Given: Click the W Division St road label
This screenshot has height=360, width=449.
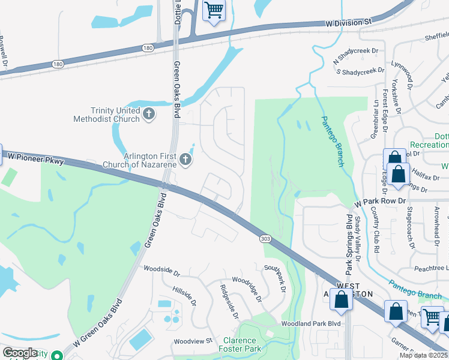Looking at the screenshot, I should [x=350, y=23].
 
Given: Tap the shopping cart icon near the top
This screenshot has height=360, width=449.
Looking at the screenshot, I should [x=214, y=10].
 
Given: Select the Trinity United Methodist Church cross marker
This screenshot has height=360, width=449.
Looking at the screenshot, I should [x=149, y=113].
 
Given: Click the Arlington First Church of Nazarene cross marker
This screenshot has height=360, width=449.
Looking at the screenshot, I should [x=185, y=160].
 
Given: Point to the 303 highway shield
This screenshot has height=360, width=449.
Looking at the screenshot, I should [x=265, y=239].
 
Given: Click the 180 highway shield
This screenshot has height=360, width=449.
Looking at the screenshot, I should [x=148, y=47].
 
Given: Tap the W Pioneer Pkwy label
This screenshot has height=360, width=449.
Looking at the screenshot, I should [x=35, y=158].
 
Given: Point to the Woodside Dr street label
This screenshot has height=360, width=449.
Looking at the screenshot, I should [x=160, y=271].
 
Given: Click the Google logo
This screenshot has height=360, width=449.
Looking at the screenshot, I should [x=19, y=353].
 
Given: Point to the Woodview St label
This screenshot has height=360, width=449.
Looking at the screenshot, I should [x=193, y=341].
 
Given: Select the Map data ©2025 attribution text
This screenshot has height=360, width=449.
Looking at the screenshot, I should [x=423, y=355].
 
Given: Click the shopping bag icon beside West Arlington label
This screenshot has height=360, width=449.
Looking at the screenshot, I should [x=341, y=301].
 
